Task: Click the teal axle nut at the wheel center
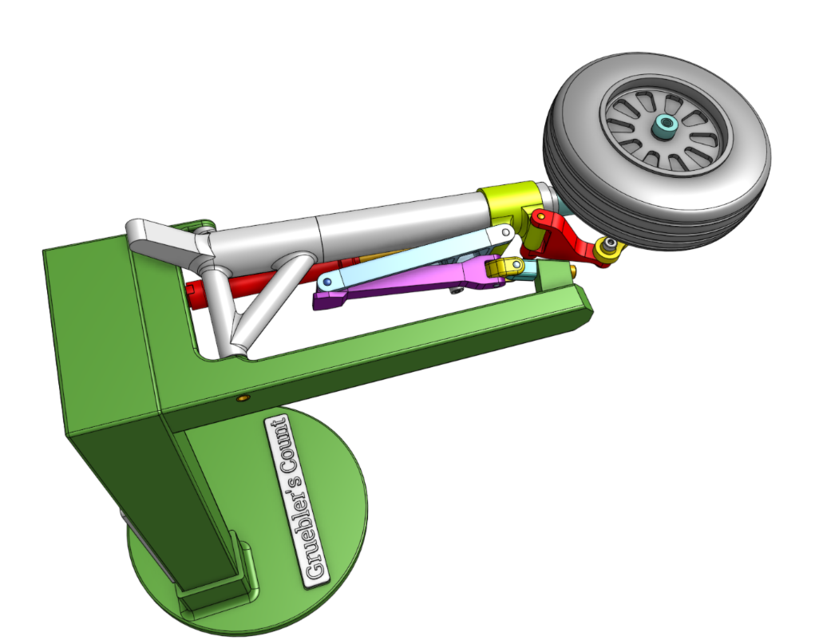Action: pyautogui.click(x=663, y=126)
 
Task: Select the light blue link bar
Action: pyautogui.click(x=420, y=256)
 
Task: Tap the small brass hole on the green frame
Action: pyautogui.click(x=241, y=397)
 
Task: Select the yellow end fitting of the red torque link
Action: pyautogui.click(x=606, y=248)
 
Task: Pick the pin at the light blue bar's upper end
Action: pyautogui.click(x=509, y=233)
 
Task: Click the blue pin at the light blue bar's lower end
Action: pyautogui.click(x=330, y=283)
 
